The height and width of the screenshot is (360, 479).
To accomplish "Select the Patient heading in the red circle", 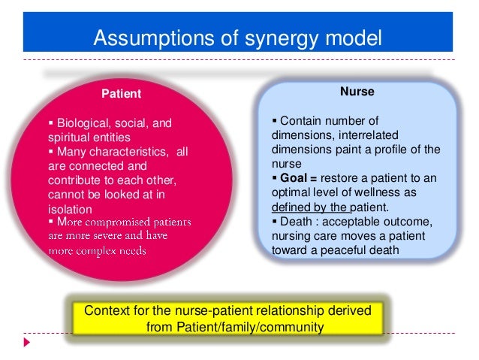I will coord(122,94).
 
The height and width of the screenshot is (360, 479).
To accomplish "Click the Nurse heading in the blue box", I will coord(357,92).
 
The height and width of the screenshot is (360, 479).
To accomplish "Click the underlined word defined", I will coord(291,207).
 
